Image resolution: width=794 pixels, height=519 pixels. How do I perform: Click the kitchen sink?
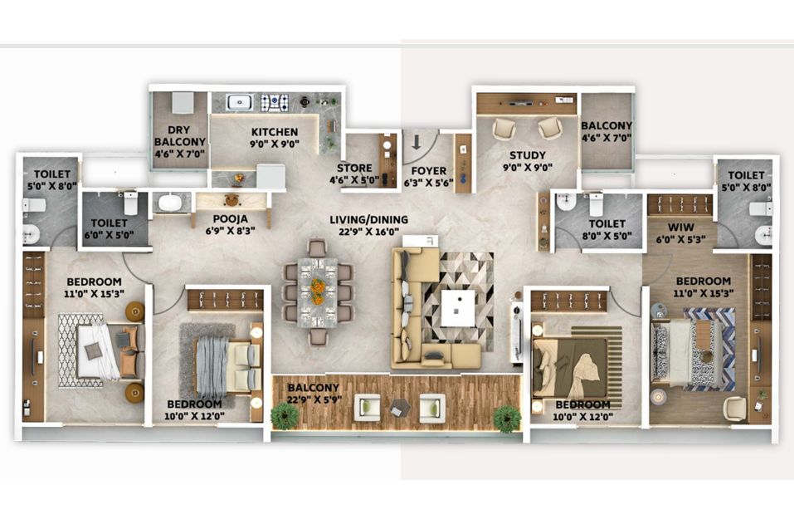[240, 102]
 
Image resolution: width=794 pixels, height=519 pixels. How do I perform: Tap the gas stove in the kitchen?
[275, 103]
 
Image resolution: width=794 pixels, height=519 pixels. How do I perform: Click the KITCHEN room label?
[275, 132]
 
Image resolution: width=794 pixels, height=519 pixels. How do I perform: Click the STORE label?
[354, 168]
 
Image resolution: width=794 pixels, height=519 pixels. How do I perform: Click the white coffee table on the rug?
[458, 308]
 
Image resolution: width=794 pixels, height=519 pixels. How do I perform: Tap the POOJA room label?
[231, 219]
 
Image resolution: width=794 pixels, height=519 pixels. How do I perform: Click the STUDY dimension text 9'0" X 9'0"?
[528, 167]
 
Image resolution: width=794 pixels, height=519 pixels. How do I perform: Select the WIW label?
[680, 227]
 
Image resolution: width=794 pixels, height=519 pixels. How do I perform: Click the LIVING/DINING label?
[368, 219]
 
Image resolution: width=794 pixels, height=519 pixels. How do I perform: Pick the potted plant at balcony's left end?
[284, 415]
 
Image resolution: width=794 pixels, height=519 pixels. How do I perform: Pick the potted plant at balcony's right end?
[507, 419]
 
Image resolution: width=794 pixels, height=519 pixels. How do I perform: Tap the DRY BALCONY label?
[180, 136]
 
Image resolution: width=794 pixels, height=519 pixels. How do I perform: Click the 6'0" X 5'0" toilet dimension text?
[109, 235]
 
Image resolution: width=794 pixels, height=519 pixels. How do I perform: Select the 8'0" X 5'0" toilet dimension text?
[607, 236]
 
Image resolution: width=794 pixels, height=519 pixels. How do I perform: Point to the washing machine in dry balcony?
[182, 103]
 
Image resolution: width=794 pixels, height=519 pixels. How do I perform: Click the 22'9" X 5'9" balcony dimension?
[314, 399]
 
